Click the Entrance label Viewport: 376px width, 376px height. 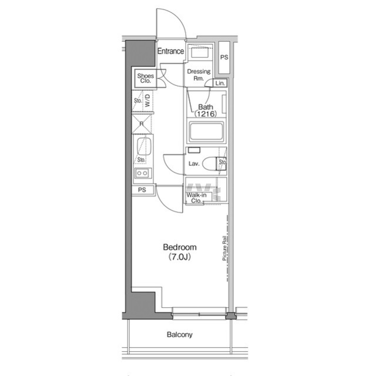171,51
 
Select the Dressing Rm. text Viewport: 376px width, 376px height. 199,75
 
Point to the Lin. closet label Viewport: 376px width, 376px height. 220,84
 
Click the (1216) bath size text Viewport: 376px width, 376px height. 205,114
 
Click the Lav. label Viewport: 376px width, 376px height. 194,164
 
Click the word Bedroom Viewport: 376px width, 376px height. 180,247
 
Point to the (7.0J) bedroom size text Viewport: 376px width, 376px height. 180,257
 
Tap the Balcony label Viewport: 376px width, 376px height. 180,335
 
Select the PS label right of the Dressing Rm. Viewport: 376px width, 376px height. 223,58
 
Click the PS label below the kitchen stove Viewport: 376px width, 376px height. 142,190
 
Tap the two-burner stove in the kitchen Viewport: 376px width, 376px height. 143,173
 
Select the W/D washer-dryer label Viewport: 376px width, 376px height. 147,99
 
